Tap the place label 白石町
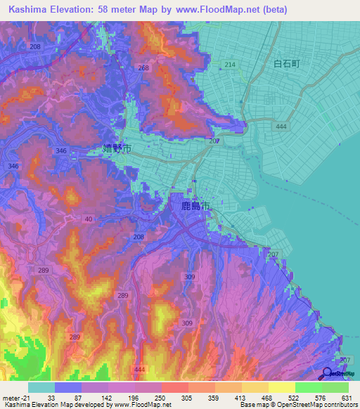286,64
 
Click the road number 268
144,67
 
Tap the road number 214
229,64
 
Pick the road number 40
88,220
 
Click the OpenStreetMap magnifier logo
328,373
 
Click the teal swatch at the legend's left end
41,387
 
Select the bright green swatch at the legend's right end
335,387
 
